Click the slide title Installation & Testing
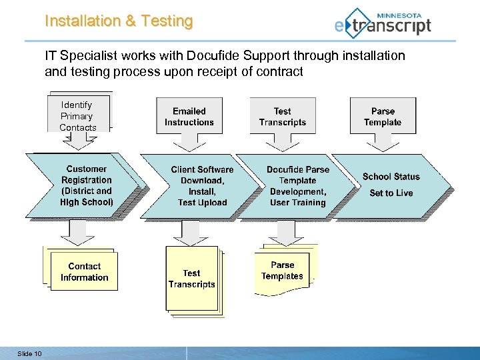pos(119,21)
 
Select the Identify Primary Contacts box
pos(77,115)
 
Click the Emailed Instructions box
pos(189,117)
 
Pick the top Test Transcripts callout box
pos(282,117)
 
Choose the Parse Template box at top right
pos(383,117)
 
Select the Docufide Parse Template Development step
pos(296,186)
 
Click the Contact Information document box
pos(83,271)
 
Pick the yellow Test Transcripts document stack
pos(192,279)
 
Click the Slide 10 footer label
pos(29,353)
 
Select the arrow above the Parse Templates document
pos(286,232)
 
